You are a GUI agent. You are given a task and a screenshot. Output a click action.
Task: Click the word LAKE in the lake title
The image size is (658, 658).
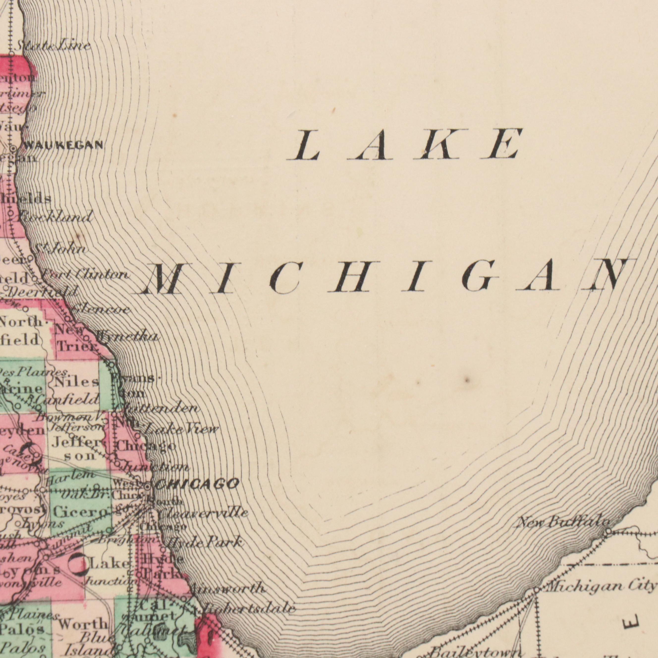coord(404,144)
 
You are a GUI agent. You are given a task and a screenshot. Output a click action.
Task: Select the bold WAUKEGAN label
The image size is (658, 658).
coord(63,145)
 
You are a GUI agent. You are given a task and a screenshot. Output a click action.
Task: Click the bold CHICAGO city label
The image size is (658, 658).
coord(196,484)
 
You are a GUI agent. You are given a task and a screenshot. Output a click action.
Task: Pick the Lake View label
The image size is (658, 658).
coord(181,430)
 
